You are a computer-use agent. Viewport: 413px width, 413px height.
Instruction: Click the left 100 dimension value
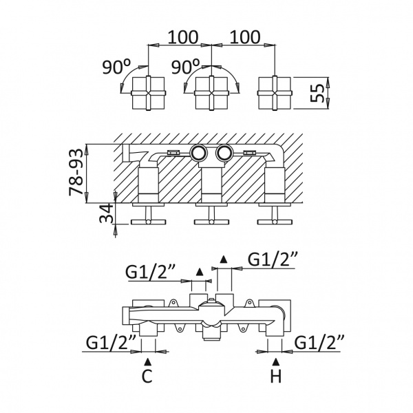pos(182,37)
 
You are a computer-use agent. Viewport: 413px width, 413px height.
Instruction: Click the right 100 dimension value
pos(245,37)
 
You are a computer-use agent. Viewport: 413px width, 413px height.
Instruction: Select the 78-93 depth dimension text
pos(76,172)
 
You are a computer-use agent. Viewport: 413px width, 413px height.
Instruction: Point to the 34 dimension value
pos(106,213)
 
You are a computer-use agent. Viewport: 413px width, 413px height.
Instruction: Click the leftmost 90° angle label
pos(116,67)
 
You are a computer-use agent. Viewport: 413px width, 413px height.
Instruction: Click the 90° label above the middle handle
pos(185,67)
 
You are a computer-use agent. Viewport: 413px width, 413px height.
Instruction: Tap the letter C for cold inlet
pos(147,376)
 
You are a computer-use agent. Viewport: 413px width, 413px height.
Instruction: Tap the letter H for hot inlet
pos(276,376)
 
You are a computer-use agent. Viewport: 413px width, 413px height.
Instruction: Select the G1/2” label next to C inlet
pos(111,343)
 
